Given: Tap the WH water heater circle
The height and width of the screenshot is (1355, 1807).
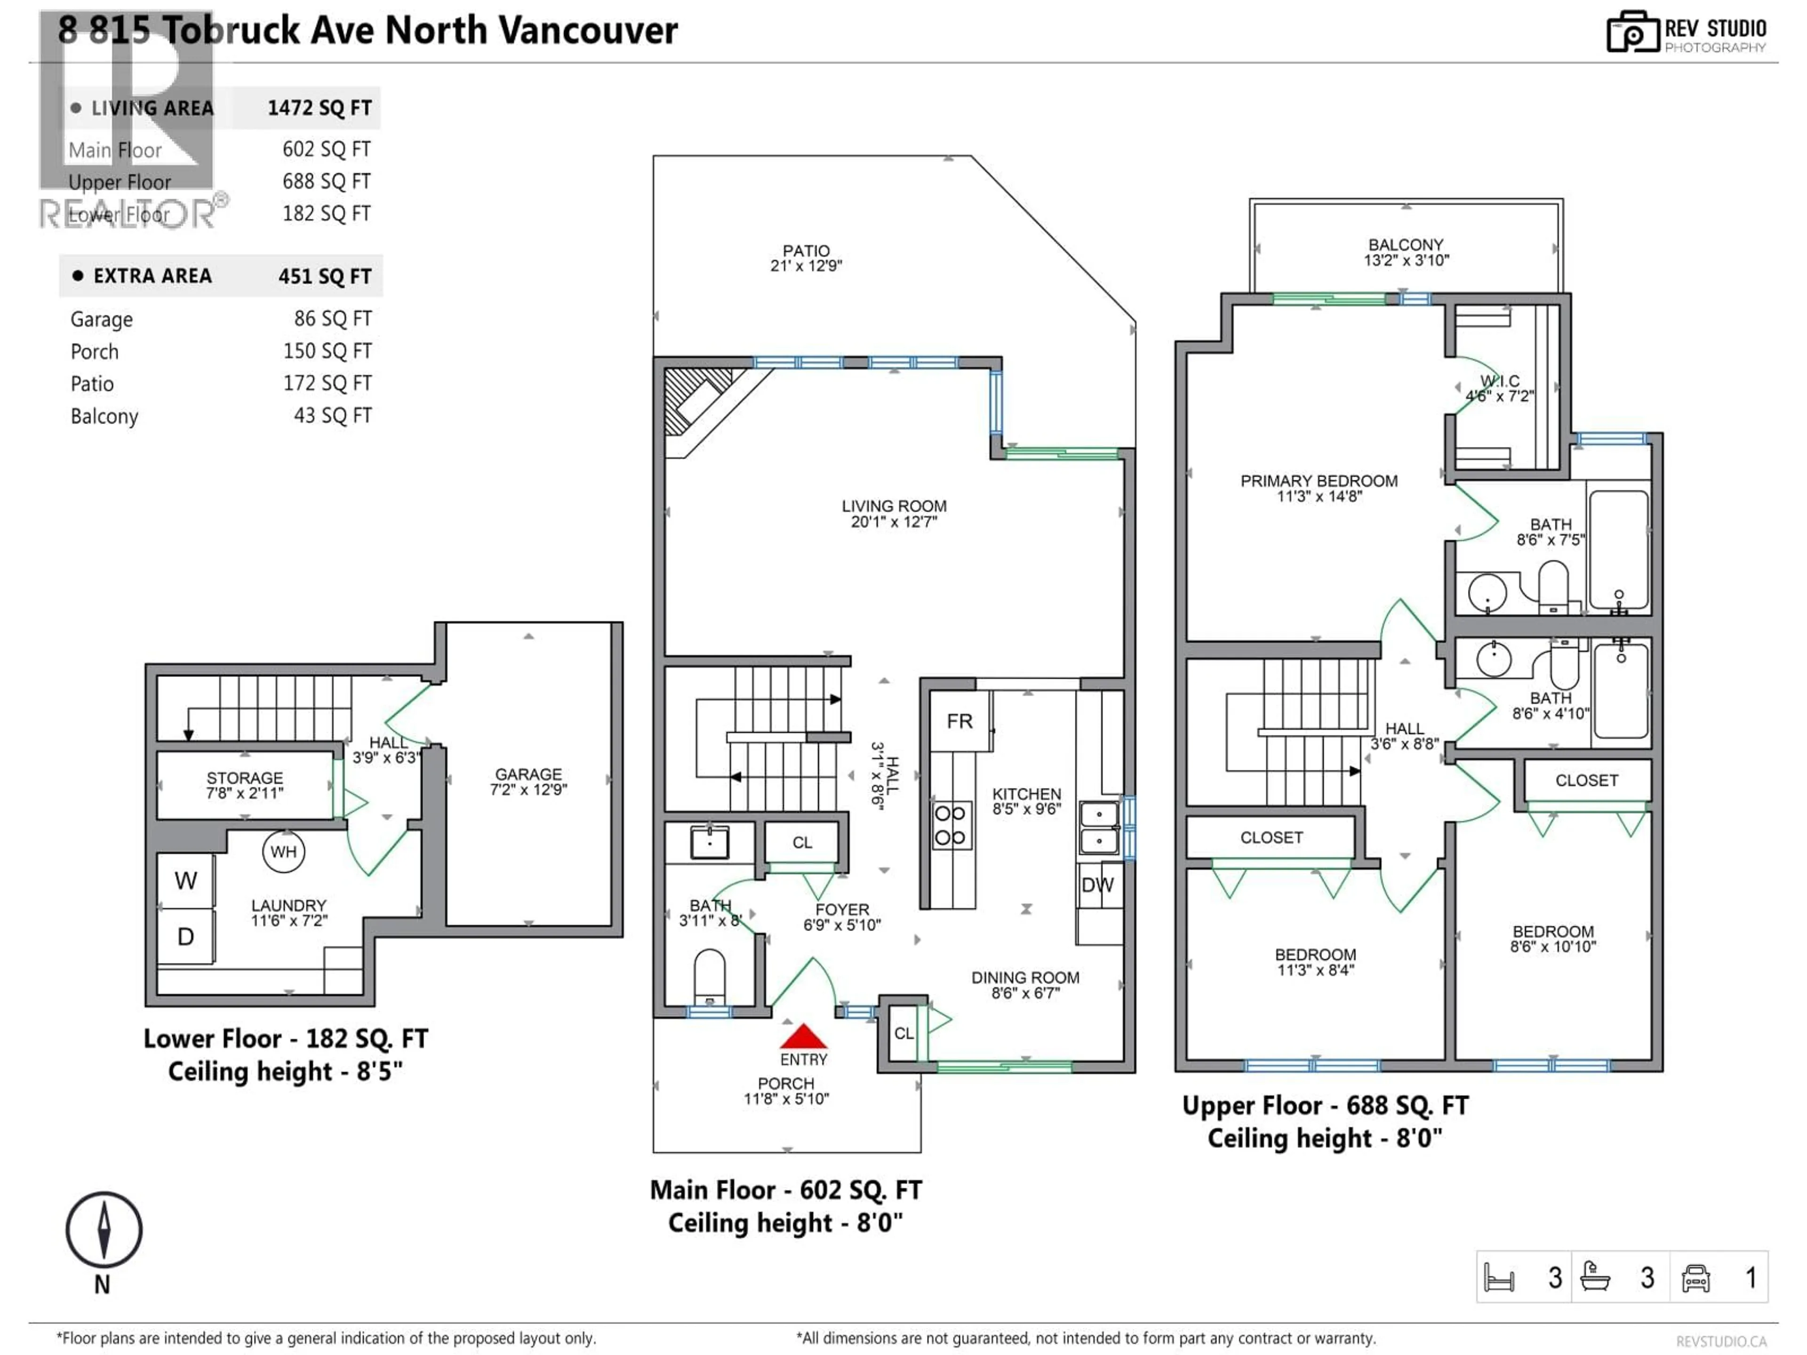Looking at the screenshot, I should [283, 852].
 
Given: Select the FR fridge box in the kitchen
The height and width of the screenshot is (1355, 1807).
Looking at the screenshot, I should [960, 721].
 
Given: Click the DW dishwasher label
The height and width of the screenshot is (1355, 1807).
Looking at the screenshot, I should [1097, 885].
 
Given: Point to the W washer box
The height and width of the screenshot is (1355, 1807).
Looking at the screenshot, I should [185, 880].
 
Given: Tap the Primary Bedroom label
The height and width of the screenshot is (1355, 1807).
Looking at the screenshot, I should [1319, 487].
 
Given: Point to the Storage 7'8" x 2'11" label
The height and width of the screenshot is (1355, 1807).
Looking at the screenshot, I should [244, 785].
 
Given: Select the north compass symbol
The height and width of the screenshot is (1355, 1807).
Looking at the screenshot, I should [104, 1230].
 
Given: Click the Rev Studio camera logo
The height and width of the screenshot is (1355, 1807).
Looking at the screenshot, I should [1632, 32].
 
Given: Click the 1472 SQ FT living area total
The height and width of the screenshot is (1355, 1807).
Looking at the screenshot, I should [320, 108].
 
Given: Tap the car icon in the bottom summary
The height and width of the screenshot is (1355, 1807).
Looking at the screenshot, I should [1695, 1277].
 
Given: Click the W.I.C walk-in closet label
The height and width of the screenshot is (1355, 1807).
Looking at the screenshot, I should [1499, 389].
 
